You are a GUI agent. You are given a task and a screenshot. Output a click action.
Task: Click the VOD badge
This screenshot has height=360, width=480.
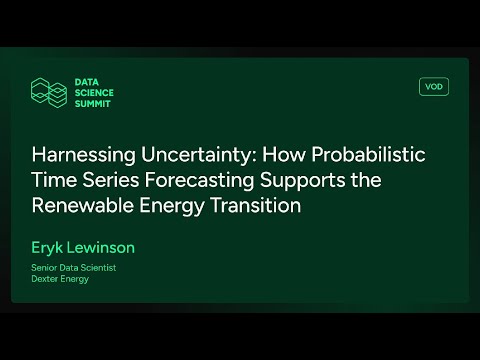[434, 87]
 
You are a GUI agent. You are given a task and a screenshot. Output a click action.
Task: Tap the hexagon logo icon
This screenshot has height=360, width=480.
[47, 92]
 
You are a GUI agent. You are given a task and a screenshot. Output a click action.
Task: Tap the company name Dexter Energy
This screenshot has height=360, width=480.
[61, 280]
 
